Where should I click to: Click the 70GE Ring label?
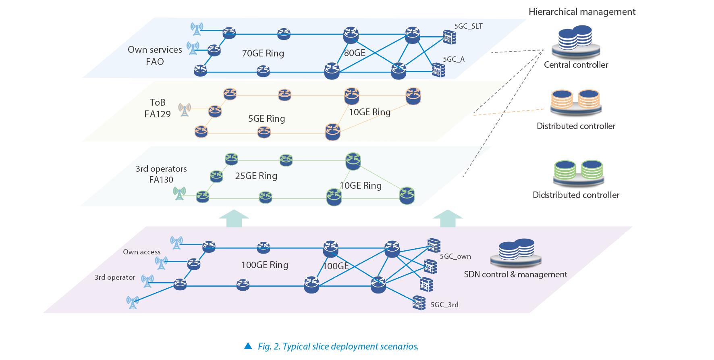tap(263, 53)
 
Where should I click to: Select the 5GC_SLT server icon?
tap(448, 37)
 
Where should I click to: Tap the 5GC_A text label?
tap(454, 59)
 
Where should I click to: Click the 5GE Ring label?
tap(266, 119)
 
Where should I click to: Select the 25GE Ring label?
tap(256, 176)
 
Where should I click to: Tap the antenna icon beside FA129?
tap(185, 109)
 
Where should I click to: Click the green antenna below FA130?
tap(179, 194)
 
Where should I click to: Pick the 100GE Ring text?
tap(264, 265)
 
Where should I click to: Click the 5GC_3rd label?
tap(444, 305)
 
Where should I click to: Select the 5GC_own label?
tap(455, 256)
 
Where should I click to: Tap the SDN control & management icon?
tap(516, 252)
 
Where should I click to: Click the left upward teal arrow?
tap(234, 218)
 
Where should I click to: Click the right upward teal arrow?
tap(447, 218)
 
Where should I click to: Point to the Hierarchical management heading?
tap(582, 12)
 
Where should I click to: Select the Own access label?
tap(141, 252)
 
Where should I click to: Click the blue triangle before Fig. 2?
tap(248, 346)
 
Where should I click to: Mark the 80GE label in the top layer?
tap(355, 53)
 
